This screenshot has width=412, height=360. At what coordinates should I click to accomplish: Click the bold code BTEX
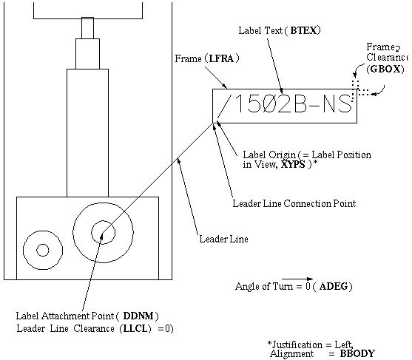[x=304, y=31]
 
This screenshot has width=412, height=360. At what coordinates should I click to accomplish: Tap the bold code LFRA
[x=221, y=58]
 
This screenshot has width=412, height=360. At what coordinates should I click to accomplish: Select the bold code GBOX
[x=386, y=69]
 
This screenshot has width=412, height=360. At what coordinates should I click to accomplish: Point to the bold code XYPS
[x=293, y=165]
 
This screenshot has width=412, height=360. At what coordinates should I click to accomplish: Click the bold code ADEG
[x=334, y=286]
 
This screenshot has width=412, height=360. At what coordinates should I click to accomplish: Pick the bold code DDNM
[x=138, y=316]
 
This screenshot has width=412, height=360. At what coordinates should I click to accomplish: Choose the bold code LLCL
[x=135, y=329]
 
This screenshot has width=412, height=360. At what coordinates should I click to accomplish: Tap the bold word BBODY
[x=357, y=353]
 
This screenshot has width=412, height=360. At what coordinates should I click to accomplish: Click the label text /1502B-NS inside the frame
[x=285, y=105]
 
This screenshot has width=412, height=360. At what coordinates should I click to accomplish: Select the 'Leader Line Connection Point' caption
[x=294, y=204]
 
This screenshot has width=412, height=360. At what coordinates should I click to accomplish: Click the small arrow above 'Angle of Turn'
[x=297, y=279]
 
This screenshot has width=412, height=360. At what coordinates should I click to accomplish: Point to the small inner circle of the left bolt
[x=43, y=250]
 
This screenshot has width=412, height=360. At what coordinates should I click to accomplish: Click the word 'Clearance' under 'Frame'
[x=387, y=57]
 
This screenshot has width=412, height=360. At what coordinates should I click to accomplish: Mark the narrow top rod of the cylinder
[x=87, y=28]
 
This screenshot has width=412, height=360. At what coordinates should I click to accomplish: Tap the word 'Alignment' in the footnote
[x=292, y=353]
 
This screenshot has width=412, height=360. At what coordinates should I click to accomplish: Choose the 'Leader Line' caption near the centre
[x=223, y=240]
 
